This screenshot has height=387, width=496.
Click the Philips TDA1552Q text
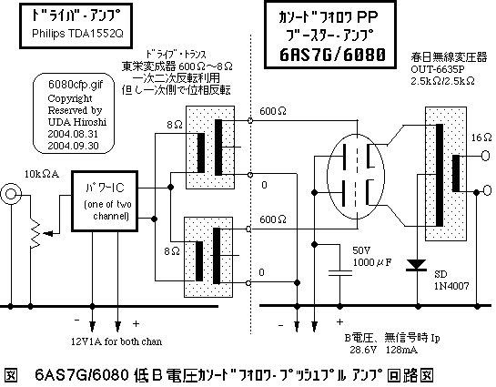[x=70, y=36]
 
